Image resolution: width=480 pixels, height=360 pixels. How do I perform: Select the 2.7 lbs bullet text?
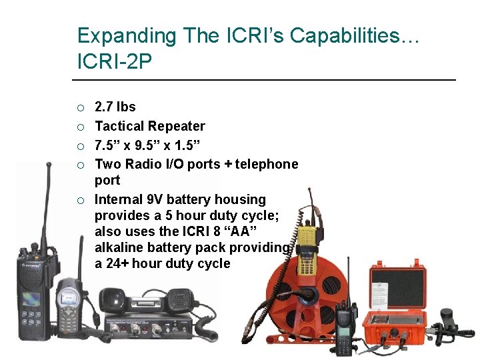pyautogui.click(x=115, y=107)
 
